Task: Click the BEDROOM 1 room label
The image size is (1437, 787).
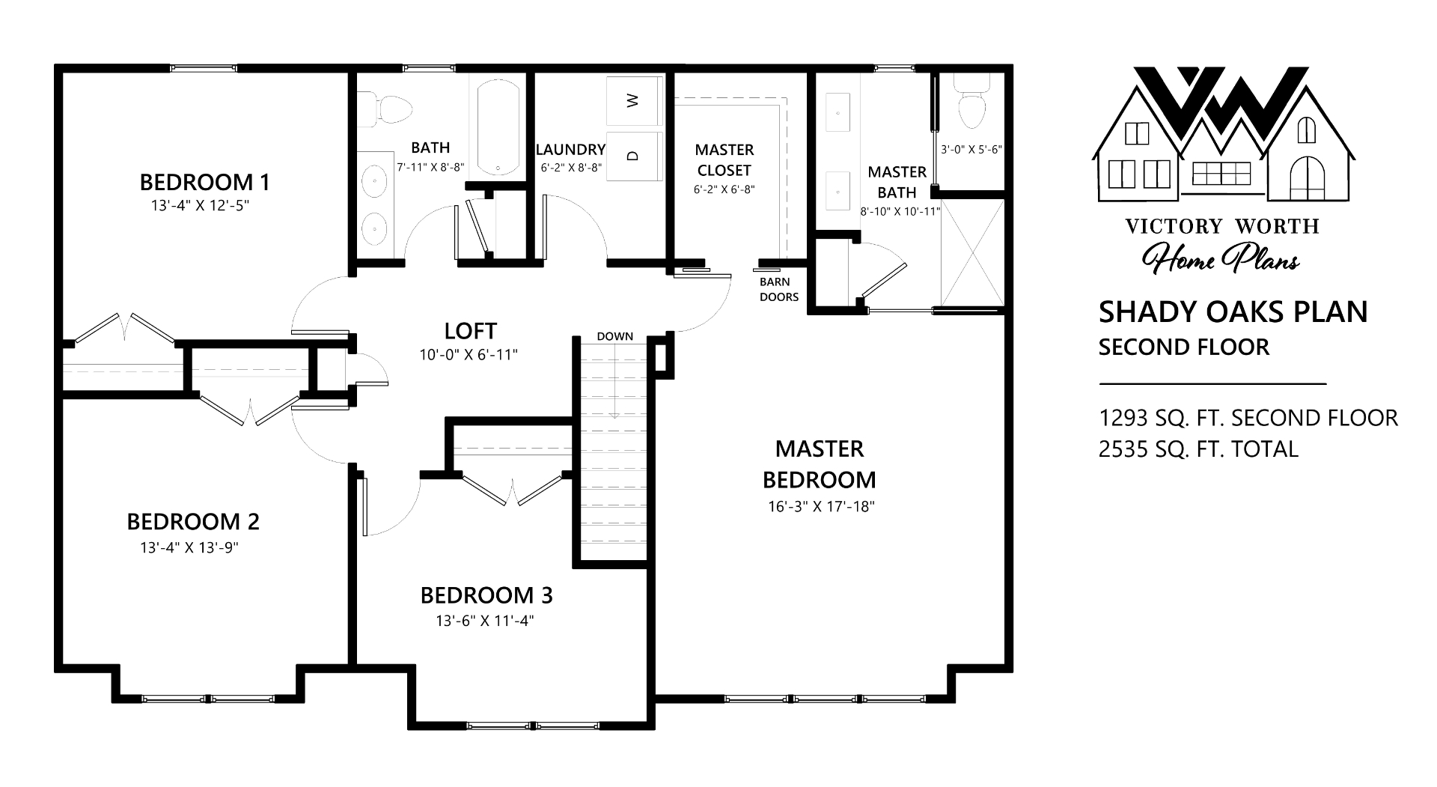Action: [x=204, y=182]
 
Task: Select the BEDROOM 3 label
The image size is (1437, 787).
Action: [x=486, y=595]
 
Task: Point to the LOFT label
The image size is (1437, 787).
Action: [x=470, y=330]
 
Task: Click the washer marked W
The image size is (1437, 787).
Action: [x=633, y=101]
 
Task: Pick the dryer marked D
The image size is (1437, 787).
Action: [x=633, y=156]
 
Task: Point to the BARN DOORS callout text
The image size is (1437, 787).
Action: [x=779, y=290]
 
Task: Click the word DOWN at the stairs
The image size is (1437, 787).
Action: [x=615, y=336]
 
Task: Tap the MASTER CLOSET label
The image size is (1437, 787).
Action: [x=724, y=160]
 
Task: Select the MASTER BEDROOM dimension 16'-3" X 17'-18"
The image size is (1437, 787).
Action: [x=821, y=506]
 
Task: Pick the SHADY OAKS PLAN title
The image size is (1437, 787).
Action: [x=1233, y=312]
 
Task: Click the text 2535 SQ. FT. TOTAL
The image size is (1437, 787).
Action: [x=1198, y=449]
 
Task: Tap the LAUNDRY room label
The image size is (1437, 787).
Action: [x=570, y=150]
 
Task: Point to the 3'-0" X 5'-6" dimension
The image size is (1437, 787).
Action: [x=971, y=149]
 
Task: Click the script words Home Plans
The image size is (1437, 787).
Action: [x=1221, y=257]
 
